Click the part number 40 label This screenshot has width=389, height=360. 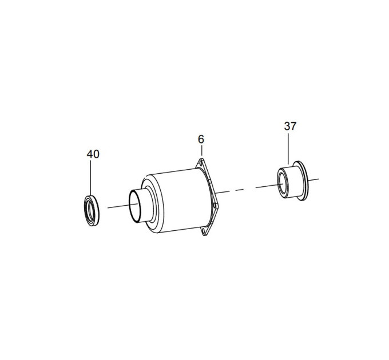click(x=93, y=154)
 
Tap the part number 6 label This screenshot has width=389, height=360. click(x=201, y=139)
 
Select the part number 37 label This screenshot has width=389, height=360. click(x=290, y=126)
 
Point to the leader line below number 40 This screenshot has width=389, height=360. click(x=90, y=178)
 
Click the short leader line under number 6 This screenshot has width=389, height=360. click(x=202, y=150)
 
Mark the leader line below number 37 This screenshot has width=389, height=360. click(x=288, y=149)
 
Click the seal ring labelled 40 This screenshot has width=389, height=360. click(x=92, y=210)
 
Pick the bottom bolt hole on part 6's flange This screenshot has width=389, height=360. click(x=204, y=231)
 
